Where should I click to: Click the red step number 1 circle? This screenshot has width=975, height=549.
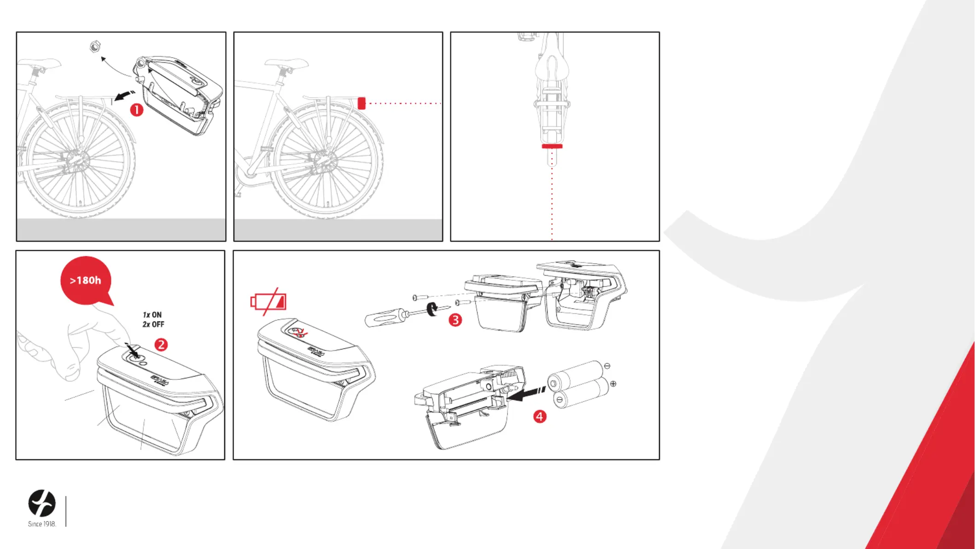tap(137, 110)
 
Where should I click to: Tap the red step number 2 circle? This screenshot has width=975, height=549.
tap(161, 345)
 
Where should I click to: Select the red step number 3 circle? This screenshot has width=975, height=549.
tap(455, 320)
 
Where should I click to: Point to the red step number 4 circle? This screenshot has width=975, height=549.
tap(540, 417)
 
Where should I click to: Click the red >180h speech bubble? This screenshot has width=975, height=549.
tap(86, 280)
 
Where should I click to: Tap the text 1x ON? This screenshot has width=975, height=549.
tap(152, 315)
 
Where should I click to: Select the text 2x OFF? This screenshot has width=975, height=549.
tap(153, 325)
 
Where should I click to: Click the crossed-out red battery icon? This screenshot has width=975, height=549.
tap(269, 302)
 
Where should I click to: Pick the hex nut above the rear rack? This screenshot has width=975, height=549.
tap(95, 47)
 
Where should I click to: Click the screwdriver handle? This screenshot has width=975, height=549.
tap(382, 318)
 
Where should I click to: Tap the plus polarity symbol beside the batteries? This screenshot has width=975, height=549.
tap(613, 384)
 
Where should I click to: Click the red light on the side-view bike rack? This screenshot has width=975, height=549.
tap(362, 103)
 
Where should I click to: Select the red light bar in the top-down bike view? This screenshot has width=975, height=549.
tap(552, 146)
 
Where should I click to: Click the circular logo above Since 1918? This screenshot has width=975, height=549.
tap(42, 503)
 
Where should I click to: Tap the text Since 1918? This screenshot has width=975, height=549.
tap(42, 524)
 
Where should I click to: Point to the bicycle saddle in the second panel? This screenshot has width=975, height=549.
tap(286, 63)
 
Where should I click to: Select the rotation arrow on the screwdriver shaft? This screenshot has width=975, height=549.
tap(432, 309)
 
